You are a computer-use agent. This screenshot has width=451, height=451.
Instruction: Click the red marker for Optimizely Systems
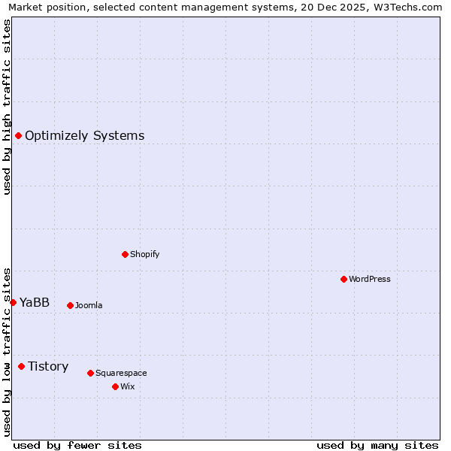18,135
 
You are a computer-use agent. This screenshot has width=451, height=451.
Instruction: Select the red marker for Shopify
125,254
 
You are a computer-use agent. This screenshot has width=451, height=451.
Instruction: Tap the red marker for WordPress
344,279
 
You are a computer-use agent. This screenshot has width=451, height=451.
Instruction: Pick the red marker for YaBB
13,302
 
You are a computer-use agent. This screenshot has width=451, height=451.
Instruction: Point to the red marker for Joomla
70,305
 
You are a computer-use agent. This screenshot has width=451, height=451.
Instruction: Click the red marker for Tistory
21,366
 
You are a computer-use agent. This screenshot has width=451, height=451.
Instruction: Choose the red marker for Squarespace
90,373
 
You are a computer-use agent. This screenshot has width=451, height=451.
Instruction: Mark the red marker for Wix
115,386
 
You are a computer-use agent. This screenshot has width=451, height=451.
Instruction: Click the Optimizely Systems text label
84,136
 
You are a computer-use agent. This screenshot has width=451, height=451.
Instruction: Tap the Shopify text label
144,254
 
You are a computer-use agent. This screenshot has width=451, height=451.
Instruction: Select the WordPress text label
369,279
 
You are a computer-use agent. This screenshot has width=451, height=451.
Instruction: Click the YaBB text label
34,303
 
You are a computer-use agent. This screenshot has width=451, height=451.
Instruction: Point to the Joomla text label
89,305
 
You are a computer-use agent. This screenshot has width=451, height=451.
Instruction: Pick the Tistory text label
48,367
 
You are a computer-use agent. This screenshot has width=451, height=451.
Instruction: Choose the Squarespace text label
121,373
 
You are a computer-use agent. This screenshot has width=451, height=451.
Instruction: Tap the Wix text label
127,386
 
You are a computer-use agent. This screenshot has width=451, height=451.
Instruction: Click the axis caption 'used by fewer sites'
77,445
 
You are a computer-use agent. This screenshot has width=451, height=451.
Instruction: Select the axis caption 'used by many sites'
377,445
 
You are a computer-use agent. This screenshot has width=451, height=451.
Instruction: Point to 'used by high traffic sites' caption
7,107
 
